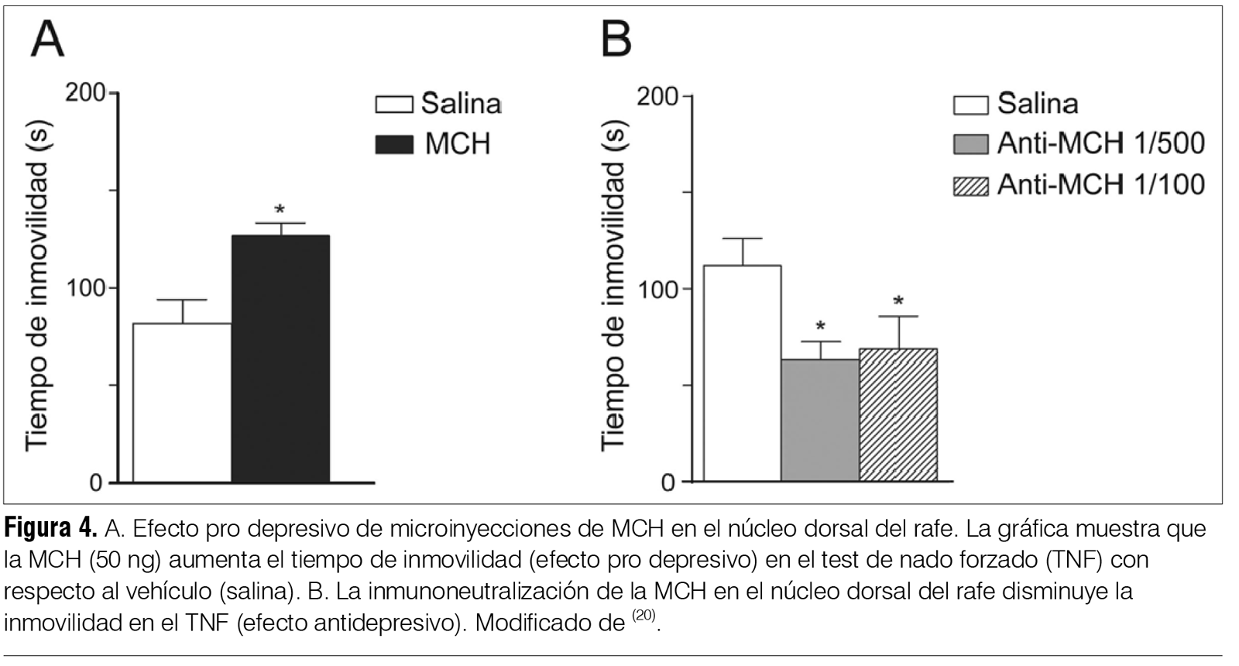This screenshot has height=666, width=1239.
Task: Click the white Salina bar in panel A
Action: [x=182, y=402]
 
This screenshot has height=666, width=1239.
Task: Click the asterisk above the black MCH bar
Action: [x=280, y=210]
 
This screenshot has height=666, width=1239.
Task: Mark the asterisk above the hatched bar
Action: [x=898, y=302]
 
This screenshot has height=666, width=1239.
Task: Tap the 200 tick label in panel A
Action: [x=85, y=93]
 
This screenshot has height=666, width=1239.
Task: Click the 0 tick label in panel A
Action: [x=95, y=483]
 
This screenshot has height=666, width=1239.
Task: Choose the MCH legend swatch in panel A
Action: [x=394, y=145]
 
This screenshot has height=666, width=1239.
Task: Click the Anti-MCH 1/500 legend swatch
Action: [x=971, y=145]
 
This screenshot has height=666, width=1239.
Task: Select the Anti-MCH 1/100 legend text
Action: [x=1100, y=184]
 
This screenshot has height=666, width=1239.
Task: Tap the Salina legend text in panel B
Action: [x=1037, y=104]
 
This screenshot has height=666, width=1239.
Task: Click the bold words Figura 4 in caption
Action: [x=51, y=530]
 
